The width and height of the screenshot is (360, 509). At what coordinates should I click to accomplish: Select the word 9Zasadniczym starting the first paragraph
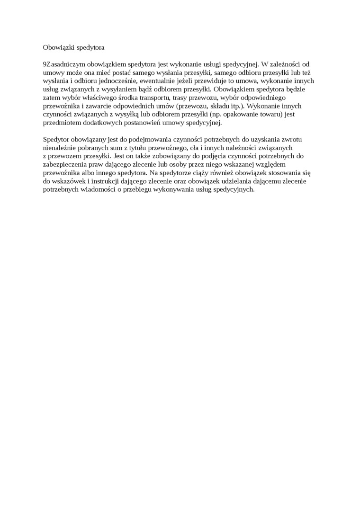coord(63,64)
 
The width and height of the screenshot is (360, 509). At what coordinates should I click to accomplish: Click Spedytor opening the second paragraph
coord(55,139)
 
